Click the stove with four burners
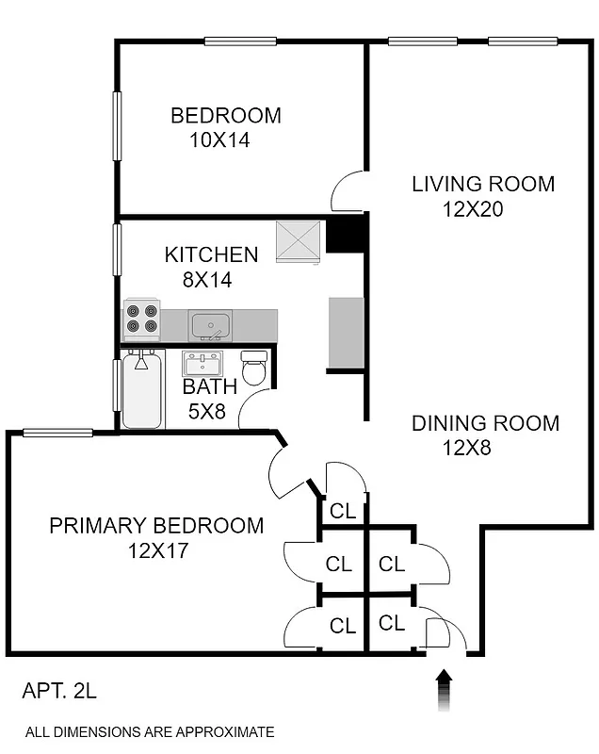[x=141, y=318]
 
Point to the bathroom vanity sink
[x=202, y=363]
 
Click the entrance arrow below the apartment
[x=445, y=690]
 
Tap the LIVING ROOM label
[x=483, y=184]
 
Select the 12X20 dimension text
[x=473, y=209]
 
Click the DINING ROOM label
[x=485, y=423]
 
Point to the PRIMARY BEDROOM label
[x=156, y=525]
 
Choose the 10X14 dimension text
[x=219, y=140]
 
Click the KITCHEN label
[x=211, y=254]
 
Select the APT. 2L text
[x=58, y=693]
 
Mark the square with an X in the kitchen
[x=299, y=241]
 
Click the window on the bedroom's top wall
[x=240, y=41]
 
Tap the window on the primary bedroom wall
[x=57, y=433]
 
